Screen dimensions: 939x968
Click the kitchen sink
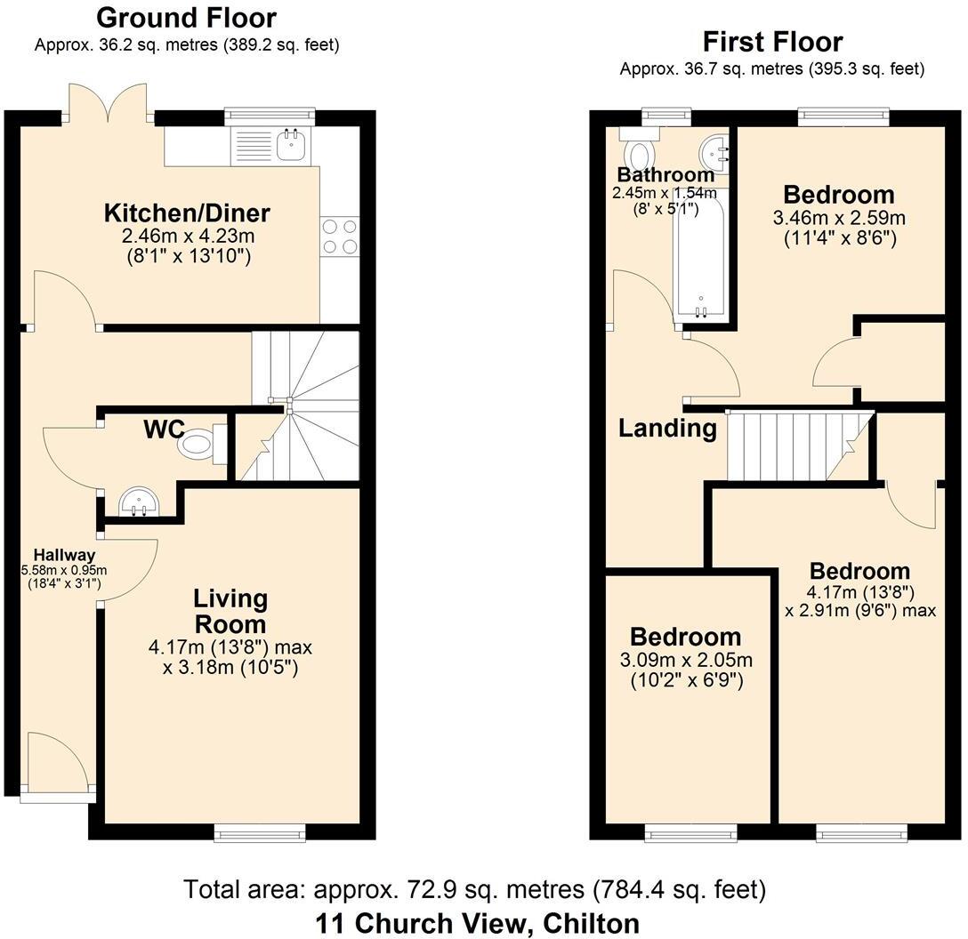tap(291, 145)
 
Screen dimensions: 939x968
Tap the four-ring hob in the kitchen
tap(339, 236)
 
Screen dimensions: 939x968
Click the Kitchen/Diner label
tap(187, 213)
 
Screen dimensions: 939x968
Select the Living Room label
tap(230, 610)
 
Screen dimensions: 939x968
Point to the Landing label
tap(667, 429)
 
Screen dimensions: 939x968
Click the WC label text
tap(164, 429)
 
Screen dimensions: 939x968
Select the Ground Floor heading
tap(186, 17)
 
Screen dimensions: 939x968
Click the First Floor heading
tap(771, 41)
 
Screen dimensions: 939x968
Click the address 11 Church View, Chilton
tap(477, 923)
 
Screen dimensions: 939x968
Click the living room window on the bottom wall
tap(260, 832)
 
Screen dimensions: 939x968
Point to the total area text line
tap(474, 889)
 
